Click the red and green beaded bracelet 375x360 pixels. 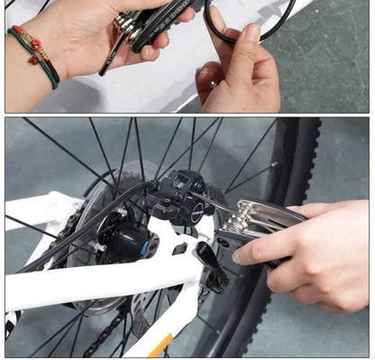33,52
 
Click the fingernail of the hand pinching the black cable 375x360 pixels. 252,34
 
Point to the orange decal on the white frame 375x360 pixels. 160,345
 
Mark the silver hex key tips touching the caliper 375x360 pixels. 236,217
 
